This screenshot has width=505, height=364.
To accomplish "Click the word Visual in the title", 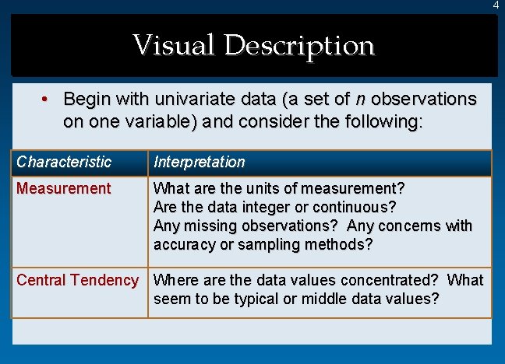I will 175,44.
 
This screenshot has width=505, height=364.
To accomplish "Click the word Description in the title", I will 299,46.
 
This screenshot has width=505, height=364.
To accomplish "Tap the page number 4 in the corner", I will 496,5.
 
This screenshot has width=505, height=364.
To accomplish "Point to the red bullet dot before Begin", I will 47,100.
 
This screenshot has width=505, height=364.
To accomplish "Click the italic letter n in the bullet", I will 359,100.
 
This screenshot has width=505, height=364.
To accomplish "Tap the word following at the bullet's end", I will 381,121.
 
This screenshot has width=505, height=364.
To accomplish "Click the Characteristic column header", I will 64,162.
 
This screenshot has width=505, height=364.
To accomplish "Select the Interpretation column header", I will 200,162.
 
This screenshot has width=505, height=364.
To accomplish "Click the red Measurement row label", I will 64,188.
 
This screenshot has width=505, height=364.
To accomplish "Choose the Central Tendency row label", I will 77,280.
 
